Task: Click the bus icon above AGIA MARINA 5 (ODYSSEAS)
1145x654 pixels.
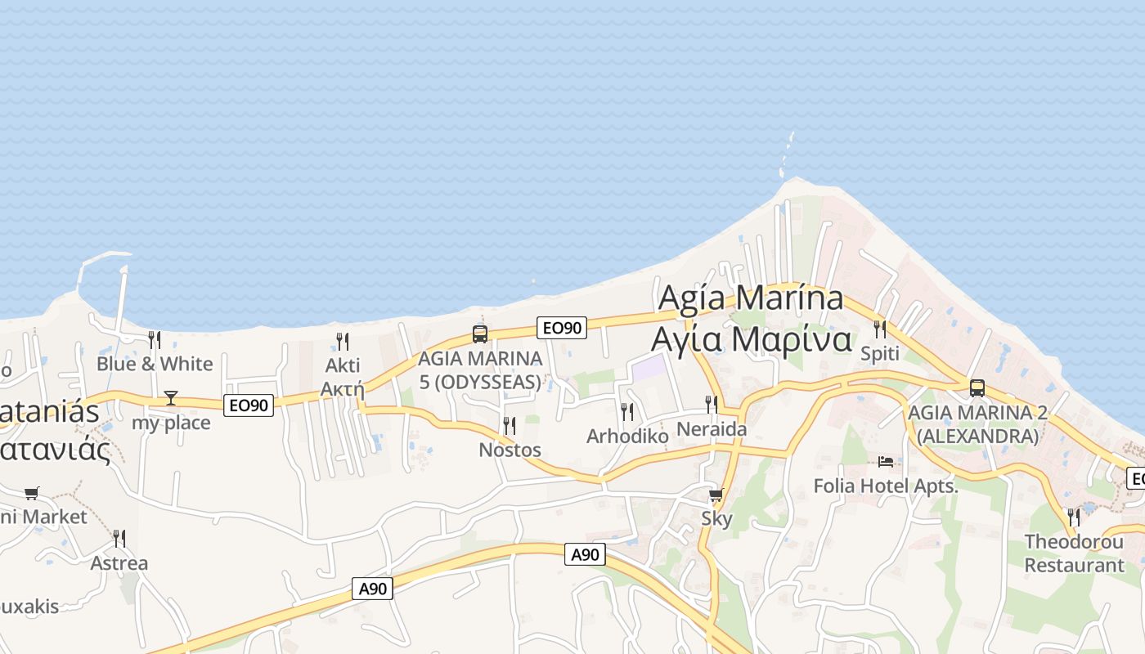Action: pos(480,334)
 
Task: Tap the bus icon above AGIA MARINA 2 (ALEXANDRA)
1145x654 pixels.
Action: pos(977,387)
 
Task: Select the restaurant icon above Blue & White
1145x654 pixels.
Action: pos(154,339)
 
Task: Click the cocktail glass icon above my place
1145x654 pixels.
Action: pos(170,398)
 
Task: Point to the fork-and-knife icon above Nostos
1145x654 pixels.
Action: pos(510,426)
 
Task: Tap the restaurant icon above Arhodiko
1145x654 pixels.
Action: pos(627,411)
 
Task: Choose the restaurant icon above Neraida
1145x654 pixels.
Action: pos(712,404)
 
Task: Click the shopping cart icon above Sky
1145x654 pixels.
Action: pos(716,495)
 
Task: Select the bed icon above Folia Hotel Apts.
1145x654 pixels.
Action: pos(886,462)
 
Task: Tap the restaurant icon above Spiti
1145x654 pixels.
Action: pos(880,329)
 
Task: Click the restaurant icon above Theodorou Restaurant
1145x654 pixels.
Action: pos(1073,517)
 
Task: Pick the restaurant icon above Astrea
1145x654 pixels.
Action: pos(119,538)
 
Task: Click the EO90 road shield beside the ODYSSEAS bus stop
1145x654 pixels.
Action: pos(562,328)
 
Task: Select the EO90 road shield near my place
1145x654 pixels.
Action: pos(249,404)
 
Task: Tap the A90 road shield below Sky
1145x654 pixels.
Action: pos(585,554)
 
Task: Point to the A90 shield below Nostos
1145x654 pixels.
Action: pos(373,588)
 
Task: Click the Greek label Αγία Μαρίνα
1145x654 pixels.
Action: pos(751,338)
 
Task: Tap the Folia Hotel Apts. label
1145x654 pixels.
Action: pos(885,486)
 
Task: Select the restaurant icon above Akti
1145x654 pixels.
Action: pos(343,341)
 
